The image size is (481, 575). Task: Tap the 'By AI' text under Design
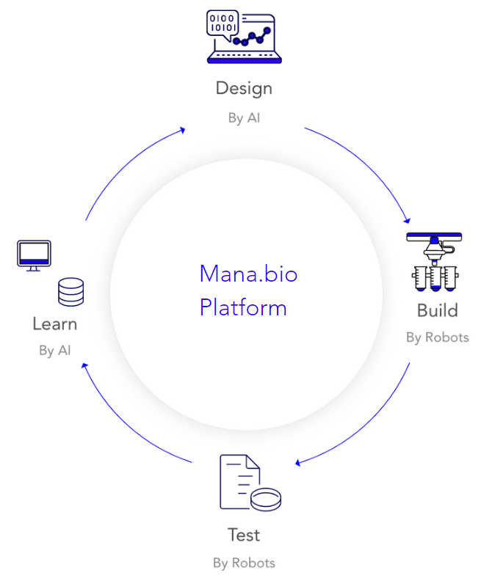(x=244, y=118)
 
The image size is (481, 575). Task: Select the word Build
(x=438, y=311)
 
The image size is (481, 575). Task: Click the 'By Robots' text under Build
(x=438, y=337)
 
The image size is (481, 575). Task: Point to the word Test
(x=244, y=535)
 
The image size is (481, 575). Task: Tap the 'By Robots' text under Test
(x=244, y=563)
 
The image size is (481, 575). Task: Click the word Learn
(x=54, y=324)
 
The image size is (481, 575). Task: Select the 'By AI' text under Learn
(x=54, y=351)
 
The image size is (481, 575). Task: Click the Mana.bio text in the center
(x=248, y=274)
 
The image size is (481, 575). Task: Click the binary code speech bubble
(x=223, y=24)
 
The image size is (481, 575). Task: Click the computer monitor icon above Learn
(x=34, y=255)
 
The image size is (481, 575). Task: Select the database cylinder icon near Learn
(x=70, y=292)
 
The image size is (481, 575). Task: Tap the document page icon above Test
(x=239, y=481)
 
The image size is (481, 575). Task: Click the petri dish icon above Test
(x=266, y=499)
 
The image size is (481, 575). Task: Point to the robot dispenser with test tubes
(x=434, y=262)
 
